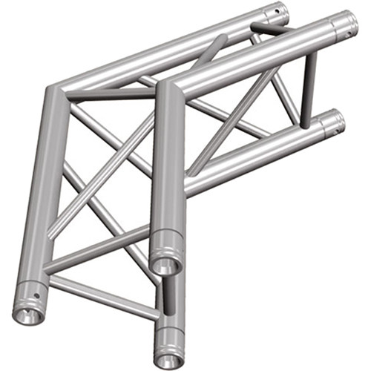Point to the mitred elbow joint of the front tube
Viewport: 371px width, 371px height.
pos(165,88)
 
